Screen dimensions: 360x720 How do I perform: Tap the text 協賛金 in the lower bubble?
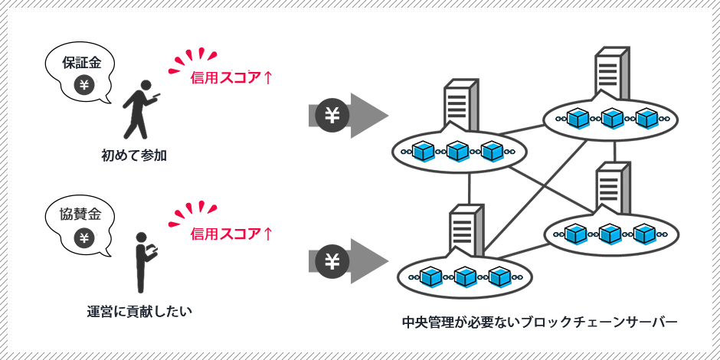(x=81, y=214)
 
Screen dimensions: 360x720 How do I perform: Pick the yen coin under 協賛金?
(x=84, y=237)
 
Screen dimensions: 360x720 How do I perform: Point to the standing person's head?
(x=141, y=238)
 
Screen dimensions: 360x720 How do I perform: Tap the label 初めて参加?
(x=134, y=155)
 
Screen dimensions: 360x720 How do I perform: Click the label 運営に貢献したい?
(x=139, y=311)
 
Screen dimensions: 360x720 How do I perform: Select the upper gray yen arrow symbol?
(x=332, y=116)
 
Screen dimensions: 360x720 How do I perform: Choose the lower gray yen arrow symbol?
(x=332, y=261)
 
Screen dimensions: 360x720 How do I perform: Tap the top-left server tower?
(x=461, y=105)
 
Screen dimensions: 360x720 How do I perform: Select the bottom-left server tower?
(x=466, y=229)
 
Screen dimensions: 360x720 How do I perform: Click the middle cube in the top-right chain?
(x=611, y=119)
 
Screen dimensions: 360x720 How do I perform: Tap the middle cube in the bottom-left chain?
(x=465, y=277)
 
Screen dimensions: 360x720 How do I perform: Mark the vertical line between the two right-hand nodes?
(x=614, y=151)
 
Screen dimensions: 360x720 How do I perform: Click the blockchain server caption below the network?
(x=539, y=322)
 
